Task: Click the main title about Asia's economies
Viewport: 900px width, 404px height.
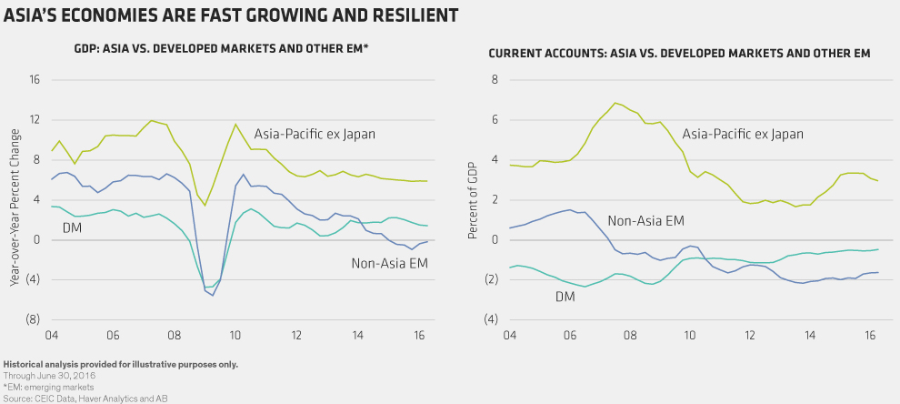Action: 232,15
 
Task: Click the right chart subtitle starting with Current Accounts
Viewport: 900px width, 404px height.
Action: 680,54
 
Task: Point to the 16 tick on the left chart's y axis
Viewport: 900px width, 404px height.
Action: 35,80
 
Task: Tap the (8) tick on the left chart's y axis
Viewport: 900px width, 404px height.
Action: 33,320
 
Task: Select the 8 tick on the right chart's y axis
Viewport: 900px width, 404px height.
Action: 496,80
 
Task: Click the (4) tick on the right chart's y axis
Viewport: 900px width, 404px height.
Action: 493,320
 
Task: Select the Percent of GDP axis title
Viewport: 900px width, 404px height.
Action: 473,201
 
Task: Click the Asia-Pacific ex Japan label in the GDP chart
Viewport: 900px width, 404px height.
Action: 315,135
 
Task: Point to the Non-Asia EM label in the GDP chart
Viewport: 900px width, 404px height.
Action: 389,264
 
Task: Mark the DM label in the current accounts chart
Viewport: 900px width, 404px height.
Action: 565,297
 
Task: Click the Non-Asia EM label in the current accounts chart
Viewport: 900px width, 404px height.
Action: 645,220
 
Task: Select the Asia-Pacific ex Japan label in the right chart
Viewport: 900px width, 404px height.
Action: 743,135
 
